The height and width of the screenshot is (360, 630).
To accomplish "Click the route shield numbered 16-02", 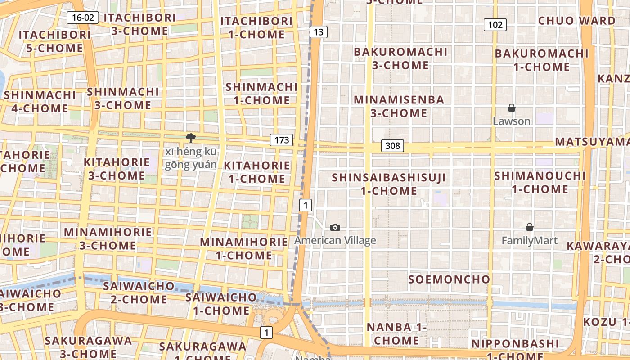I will click(x=83, y=18).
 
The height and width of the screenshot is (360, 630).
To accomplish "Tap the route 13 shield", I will click(x=318, y=31).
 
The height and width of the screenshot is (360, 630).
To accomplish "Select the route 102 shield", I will click(x=495, y=25).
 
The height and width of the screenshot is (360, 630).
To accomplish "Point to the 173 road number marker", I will click(x=282, y=140).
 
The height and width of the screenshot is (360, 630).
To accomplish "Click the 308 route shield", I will click(x=392, y=146).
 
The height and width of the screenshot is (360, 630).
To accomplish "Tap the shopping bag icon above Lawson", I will click(x=512, y=108).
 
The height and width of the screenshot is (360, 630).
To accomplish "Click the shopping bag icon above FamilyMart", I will click(x=530, y=227).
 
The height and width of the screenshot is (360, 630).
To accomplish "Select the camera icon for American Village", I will click(x=335, y=227).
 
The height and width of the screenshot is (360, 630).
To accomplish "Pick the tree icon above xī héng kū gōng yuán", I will click(x=191, y=138).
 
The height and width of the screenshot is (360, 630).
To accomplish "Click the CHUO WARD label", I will click(x=576, y=21).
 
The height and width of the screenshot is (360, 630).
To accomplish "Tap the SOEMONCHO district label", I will click(x=449, y=279).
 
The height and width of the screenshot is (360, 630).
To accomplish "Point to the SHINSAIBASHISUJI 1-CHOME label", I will click(x=389, y=184).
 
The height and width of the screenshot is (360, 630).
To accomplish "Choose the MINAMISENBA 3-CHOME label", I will click(x=399, y=106).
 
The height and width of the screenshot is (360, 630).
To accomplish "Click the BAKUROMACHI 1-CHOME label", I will click(x=541, y=60).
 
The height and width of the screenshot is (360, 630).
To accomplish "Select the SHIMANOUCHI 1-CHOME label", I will click(x=540, y=182).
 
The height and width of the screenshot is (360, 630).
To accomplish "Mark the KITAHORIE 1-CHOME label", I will click(x=257, y=172).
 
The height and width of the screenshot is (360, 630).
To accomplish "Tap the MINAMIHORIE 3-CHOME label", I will click(x=108, y=239).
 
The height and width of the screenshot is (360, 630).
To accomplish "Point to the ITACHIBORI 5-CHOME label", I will click(x=54, y=41).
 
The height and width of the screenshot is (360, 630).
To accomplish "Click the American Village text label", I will click(x=335, y=241).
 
